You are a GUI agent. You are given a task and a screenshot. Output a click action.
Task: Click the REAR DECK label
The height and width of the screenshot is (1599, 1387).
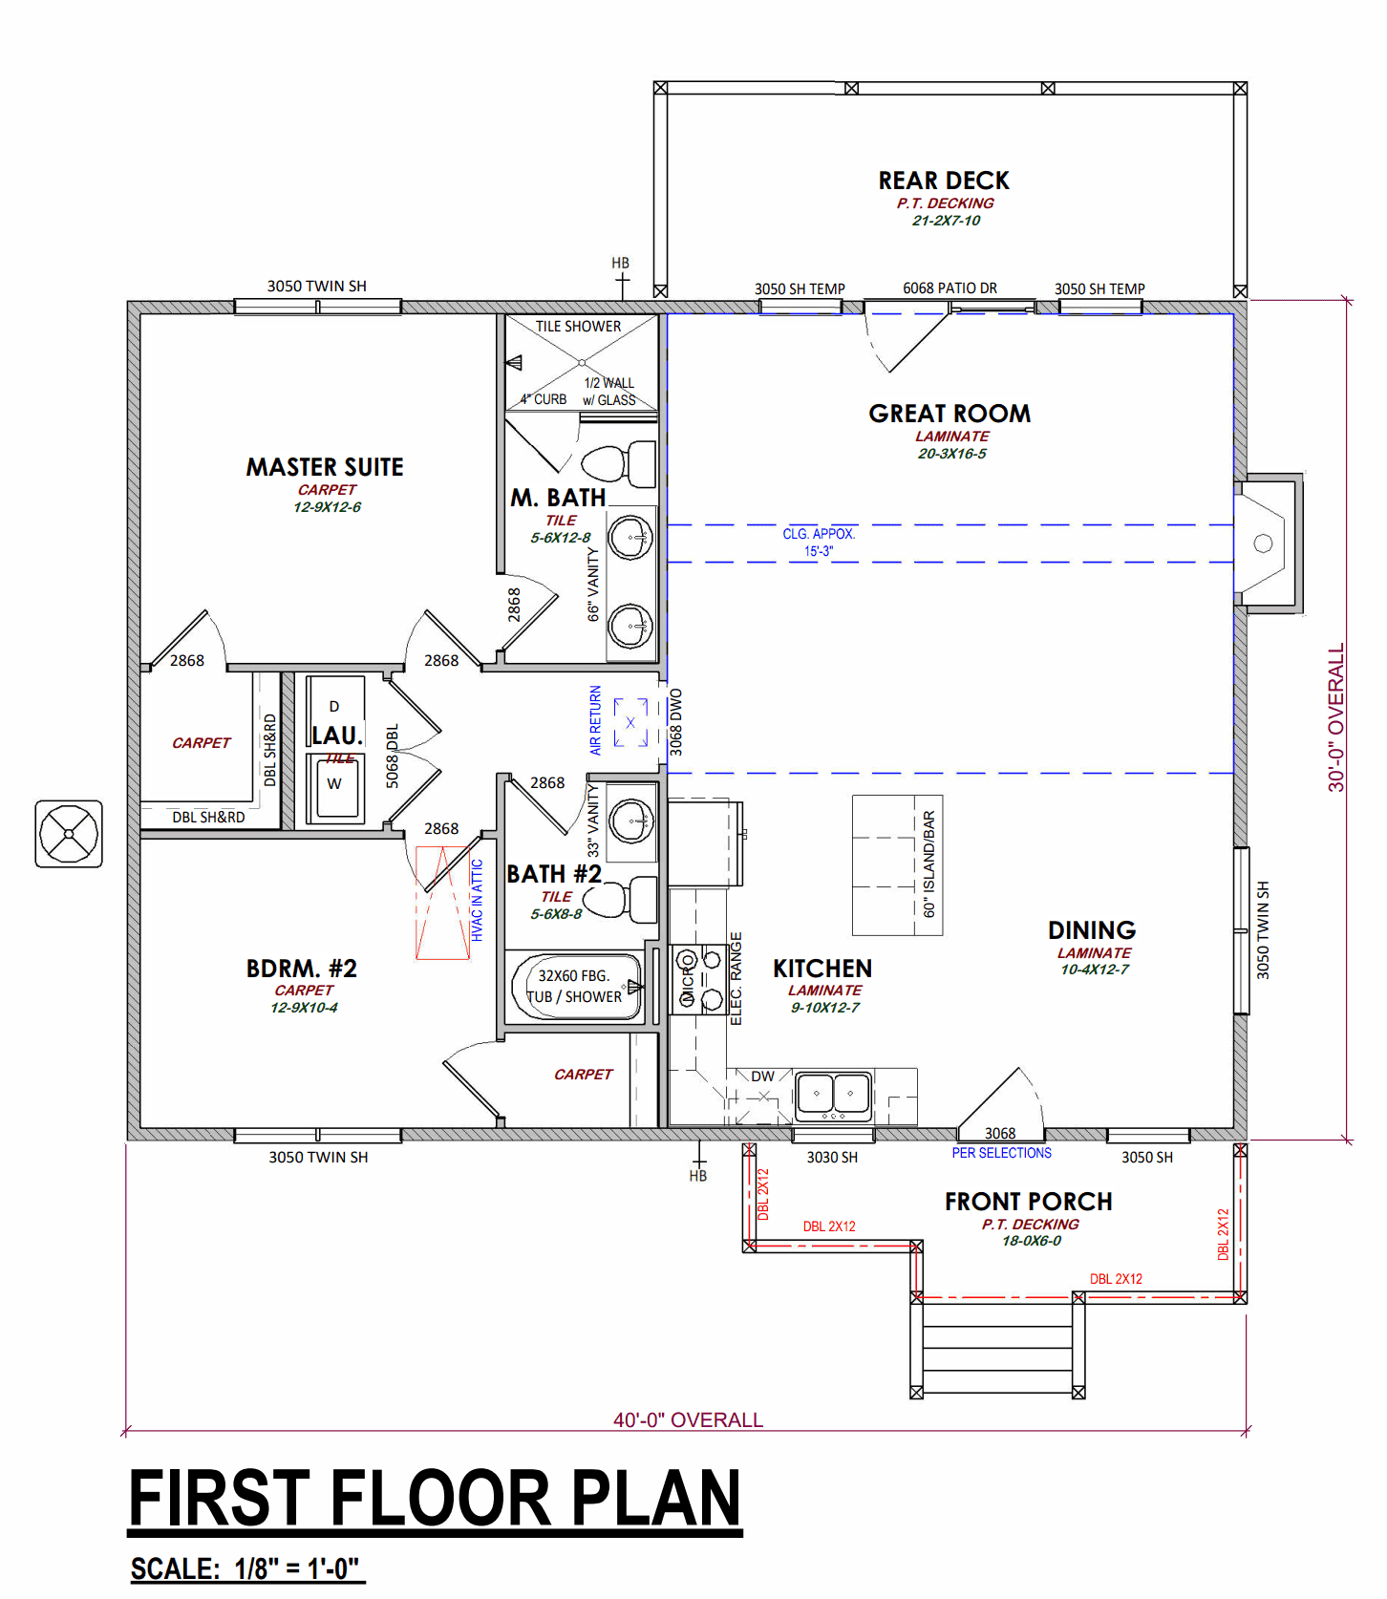coord(944,181)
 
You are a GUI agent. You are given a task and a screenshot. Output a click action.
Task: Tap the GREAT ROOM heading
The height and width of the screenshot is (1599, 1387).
coord(950,414)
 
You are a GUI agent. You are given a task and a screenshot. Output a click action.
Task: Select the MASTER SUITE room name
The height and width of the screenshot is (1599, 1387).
coord(325,467)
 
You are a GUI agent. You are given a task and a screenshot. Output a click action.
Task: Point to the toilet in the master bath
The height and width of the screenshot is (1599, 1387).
coord(619,464)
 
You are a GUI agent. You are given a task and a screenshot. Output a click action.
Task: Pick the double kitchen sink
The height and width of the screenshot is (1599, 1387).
coord(833,1093)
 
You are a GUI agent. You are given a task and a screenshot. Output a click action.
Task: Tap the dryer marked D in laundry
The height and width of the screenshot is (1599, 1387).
coord(334,707)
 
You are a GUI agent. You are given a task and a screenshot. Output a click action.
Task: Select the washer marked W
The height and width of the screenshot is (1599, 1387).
coord(334,785)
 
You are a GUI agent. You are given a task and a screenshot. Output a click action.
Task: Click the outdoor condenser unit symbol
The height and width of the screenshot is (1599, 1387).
coord(69,834)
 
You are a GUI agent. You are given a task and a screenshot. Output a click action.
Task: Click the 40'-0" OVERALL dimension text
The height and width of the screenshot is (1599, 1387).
coord(688,1420)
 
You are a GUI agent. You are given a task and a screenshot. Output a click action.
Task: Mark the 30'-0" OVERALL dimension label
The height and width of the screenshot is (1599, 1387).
coord(1335,717)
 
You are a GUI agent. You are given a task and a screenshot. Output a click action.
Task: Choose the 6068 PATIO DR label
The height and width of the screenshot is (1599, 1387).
coord(950,288)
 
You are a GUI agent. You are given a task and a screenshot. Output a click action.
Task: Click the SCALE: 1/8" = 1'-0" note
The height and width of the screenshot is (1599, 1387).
coord(245,1568)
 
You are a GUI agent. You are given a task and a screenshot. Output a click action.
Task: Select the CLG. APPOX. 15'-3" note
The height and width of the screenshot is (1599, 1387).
coord(819,543)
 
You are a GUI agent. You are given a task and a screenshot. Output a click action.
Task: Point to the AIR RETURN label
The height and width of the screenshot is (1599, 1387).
coord(595,720)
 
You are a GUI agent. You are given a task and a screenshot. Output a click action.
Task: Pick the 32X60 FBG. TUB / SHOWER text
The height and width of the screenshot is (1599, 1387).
coord(574,986)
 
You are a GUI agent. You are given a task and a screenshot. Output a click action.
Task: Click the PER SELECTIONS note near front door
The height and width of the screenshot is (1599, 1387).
coord(1001,1153)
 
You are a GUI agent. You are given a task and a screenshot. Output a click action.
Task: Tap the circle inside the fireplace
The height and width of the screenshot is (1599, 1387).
coord(1263,544)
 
